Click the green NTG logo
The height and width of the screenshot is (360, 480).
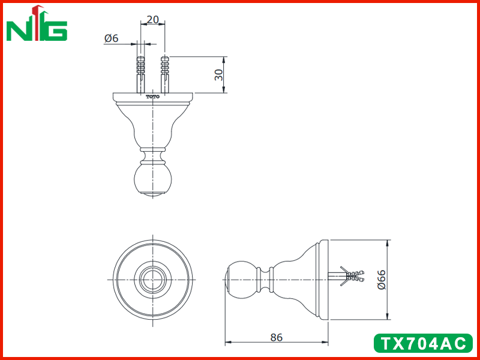[37, 24]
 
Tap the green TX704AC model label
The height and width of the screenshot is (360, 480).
[423, 343]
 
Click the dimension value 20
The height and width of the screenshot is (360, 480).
[153, 20]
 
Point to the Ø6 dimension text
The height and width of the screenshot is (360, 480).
[111, 38]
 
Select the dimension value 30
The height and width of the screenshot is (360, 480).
[218, 74]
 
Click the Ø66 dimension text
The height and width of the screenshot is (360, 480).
[382, 280]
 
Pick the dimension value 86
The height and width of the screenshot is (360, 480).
[277, 337]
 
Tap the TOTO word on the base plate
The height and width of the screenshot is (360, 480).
[153, 97]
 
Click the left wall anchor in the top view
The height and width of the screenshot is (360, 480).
[140, 74]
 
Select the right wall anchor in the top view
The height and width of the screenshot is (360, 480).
[164, 74]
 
